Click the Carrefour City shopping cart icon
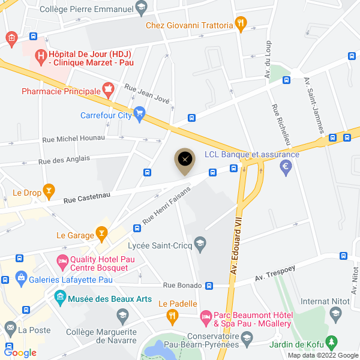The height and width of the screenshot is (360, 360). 140,112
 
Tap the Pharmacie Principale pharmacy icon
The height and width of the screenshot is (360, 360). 109,91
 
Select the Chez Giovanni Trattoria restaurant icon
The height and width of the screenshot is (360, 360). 241,25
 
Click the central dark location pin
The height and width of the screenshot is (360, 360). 185,160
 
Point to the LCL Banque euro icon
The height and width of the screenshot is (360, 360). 286,166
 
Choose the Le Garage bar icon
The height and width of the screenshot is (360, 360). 103,235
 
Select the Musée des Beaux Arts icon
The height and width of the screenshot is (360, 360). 60,297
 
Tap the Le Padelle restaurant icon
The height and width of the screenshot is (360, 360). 173,315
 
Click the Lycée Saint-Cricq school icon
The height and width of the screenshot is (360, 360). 200,243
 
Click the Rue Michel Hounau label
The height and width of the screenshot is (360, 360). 73,139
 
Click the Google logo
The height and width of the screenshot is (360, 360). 20,353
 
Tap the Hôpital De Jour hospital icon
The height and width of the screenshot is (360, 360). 41,58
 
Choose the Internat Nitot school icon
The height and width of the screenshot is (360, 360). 335,313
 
